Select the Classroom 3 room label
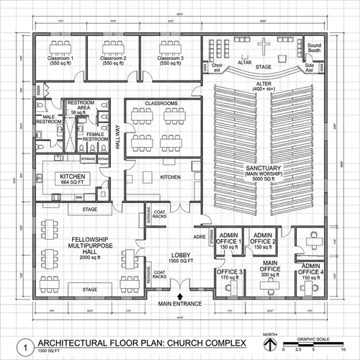pyautogui.click(x=166, y=60)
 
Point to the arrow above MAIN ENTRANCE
pyautogui.click(x=180, y=295)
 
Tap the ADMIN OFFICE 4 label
pyautogui.click(x=312, y=274)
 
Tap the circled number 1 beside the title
pyautogui.click(x=27, y=346)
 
